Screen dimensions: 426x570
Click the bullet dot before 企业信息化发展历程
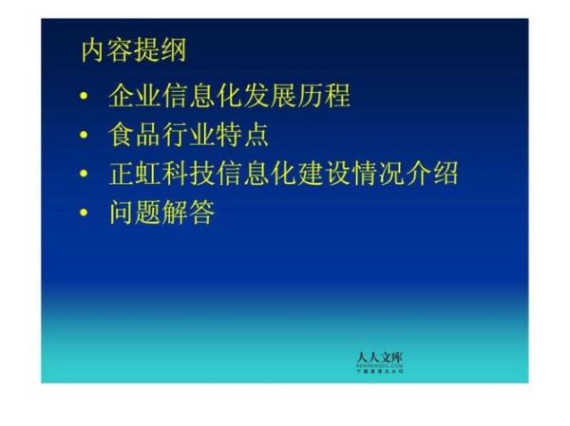coord(86,97)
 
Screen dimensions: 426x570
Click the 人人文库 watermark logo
coord(379,361)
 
